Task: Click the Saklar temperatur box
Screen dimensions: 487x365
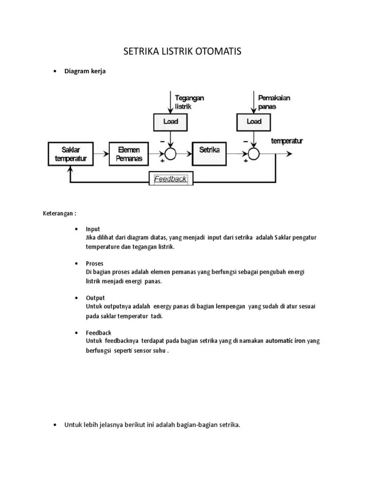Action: point(70,154)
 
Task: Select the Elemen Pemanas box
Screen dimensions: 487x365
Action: point(129,154)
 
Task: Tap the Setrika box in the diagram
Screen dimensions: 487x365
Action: point(209,153)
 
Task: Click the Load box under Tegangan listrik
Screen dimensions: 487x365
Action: point(170,122)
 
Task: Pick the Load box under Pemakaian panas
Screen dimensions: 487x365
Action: point(254,122)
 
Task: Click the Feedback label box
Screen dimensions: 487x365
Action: point(170,179)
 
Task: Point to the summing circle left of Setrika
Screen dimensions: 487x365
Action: point(170,153)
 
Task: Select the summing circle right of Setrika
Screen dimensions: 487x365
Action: point(254,153)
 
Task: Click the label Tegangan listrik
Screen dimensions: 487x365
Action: point(189,102)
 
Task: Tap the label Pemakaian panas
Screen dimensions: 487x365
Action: point(274,102)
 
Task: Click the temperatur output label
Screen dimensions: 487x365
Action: point(287,141)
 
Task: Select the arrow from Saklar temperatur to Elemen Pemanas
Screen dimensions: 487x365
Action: point(101,154)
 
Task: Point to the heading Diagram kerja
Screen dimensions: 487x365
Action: point(85,71)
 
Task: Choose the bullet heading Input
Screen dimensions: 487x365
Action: point(93,229)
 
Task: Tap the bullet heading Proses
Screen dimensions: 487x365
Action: point(95,263)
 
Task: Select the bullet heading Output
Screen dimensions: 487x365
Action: point(95,298)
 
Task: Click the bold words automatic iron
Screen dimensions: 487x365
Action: point(285,341)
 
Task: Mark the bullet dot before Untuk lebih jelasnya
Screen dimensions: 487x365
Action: point(56,425)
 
